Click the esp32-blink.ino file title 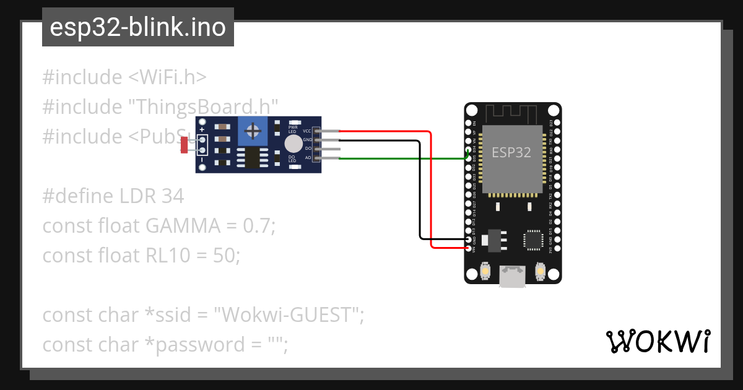[137, 27]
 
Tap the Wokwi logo [658, 341]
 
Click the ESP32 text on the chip [511, 152]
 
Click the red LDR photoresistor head [184, 145]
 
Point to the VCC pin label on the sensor [307, 131]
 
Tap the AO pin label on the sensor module [308, 158]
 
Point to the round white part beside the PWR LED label [293, 144]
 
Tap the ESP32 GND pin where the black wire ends [468, 239]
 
